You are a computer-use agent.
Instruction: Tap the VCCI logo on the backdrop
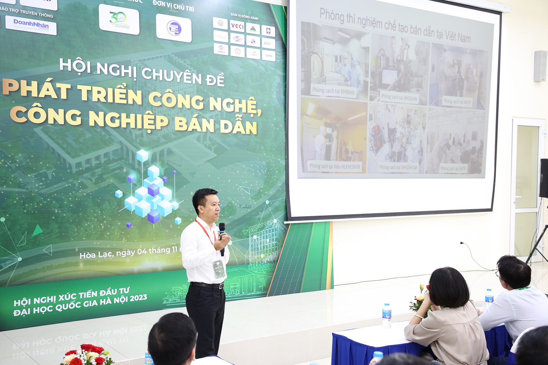point(237,26)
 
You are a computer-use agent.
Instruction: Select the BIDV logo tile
point(268,43)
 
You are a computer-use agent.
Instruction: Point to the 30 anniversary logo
point(119,20)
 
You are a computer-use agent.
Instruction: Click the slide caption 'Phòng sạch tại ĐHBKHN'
point(333,91)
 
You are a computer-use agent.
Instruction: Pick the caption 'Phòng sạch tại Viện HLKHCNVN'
point(334,166)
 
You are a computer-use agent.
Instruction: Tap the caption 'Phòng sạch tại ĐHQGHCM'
point(398,167)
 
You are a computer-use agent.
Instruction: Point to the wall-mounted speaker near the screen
point(540,66)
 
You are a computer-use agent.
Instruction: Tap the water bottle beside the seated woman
point(386,316)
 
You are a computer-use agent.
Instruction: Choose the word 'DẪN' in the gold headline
point(238,127)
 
